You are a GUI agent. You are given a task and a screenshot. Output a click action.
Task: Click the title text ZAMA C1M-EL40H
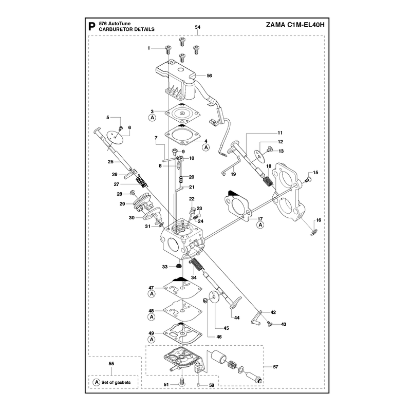(295, 25)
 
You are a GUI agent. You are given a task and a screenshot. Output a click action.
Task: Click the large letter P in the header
(92, 27)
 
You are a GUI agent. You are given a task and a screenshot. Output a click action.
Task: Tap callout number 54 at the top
(198, 27)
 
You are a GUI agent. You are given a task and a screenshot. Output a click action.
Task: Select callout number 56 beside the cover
(209, 76)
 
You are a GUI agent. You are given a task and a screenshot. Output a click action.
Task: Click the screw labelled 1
(168, 49)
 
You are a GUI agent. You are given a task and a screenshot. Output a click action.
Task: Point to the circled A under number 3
(152, 118)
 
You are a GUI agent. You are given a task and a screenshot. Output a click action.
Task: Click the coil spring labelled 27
(141, 181)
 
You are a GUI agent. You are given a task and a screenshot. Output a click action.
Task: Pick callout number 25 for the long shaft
(110, 162)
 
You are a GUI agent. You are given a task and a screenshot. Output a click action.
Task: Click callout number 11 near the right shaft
(280, 133)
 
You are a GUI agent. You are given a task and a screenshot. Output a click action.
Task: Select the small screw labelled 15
(307, 180)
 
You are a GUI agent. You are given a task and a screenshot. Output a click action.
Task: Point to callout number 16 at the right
(319, 220)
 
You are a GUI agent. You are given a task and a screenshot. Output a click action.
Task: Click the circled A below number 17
(260, 225)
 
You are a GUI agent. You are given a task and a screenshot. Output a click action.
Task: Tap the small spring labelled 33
(179, 266)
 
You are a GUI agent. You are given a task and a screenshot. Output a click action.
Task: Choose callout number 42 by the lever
(273, 312)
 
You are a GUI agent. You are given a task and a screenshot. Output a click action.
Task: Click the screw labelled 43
(269, 324)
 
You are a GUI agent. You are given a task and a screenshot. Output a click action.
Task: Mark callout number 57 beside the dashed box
(275, 367)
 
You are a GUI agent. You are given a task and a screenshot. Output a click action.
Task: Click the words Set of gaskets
(116, 382)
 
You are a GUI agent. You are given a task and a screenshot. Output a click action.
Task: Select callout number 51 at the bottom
(166, 384)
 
